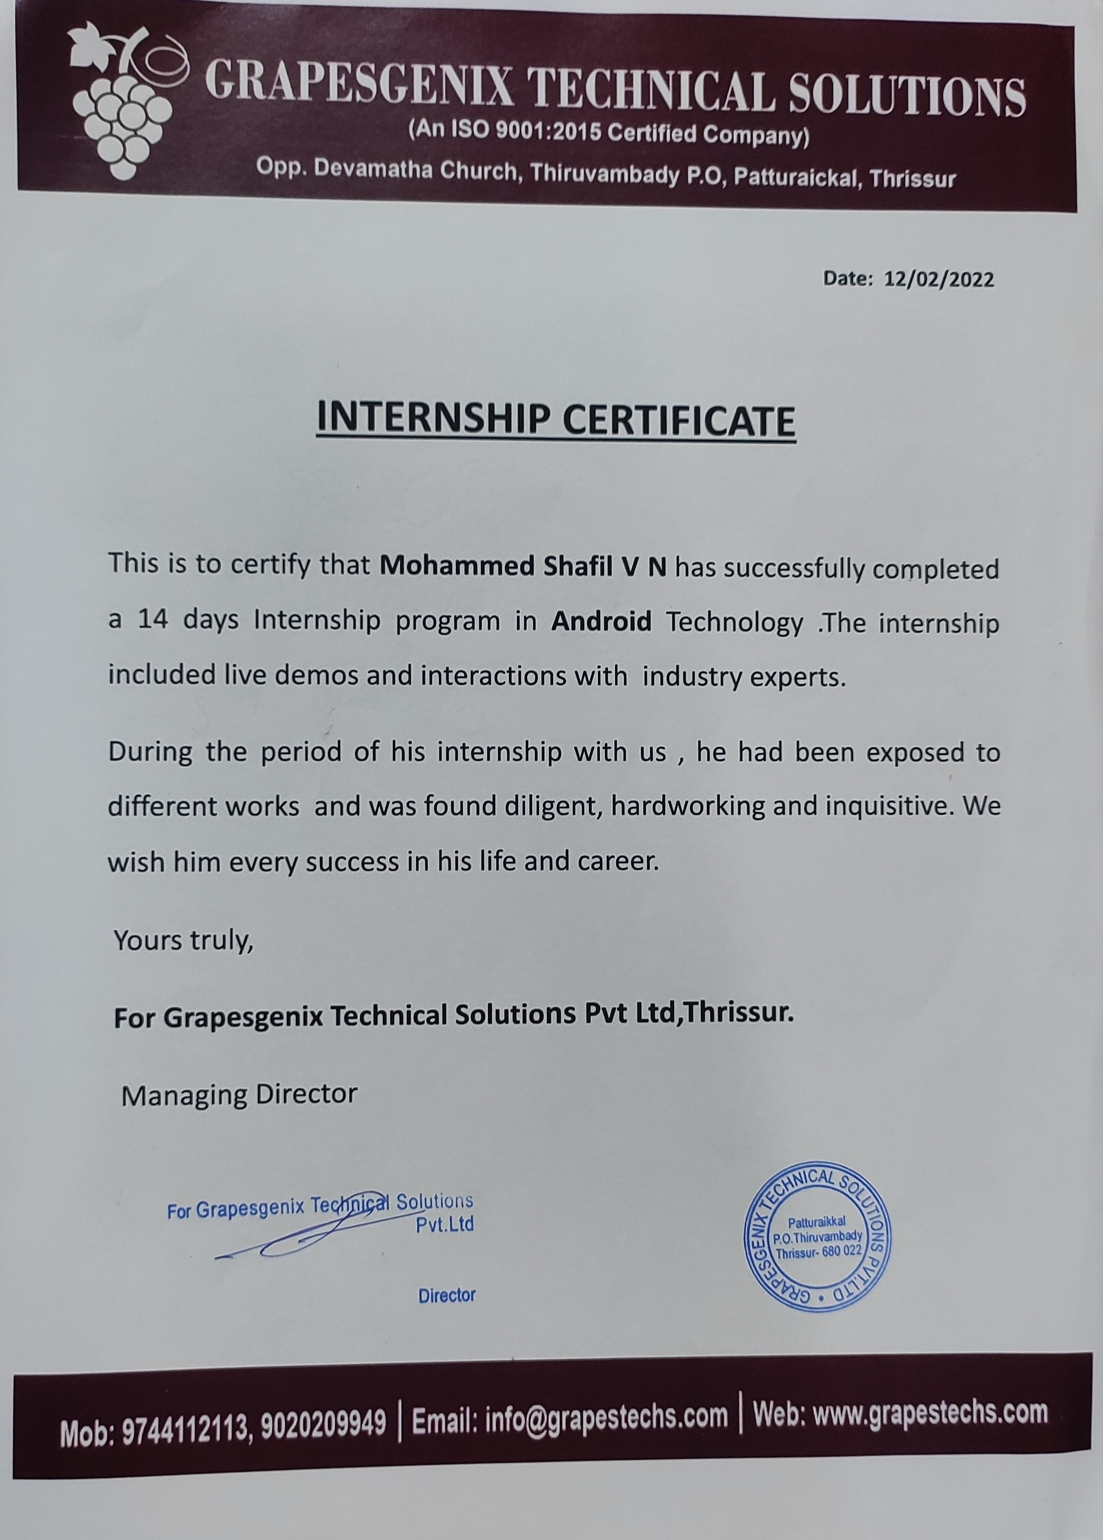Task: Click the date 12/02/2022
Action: tap(939, 279)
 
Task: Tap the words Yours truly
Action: tap(183, 940)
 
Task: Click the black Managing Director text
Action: tap(239, 1094)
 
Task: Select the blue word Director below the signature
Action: tap(446, 1296)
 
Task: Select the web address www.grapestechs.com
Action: tap(929, 1412)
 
